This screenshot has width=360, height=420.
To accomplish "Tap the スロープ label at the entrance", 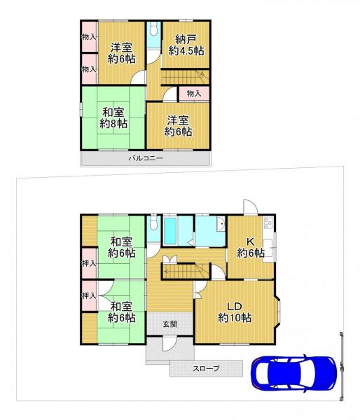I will (206, 367).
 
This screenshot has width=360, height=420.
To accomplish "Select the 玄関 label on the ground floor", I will (169, 324).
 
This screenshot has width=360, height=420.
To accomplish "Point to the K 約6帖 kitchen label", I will (250, 247).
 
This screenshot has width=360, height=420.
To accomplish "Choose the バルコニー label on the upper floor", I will (146, 159).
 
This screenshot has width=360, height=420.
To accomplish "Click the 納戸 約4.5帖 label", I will (186, 45).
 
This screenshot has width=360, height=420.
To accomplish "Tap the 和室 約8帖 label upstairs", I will (113, 118).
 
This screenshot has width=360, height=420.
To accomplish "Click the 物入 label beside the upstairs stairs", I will (194, 93).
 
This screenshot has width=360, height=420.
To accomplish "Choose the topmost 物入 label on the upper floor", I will (88, 37).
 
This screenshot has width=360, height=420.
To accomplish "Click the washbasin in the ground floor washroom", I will (219, 225).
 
